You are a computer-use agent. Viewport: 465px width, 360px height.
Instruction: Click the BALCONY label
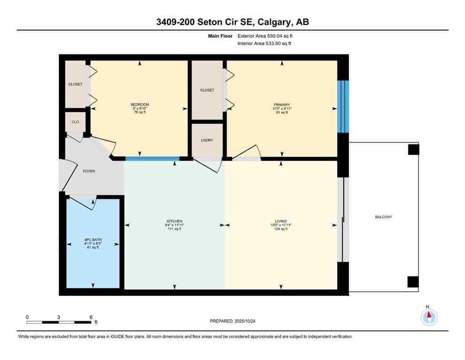[383, 217]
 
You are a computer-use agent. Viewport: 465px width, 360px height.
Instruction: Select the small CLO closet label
[75, 122]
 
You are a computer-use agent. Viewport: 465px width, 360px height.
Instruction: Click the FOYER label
[89, 171]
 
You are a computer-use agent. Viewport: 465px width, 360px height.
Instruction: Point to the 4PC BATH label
[93, 240]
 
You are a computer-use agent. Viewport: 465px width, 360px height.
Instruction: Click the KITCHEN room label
[174, 221]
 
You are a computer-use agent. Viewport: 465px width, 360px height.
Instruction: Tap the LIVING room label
[281, 221]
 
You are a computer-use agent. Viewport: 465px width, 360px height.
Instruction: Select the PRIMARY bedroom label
[282, 105]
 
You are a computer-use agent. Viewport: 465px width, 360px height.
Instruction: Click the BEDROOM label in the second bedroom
[140, 105]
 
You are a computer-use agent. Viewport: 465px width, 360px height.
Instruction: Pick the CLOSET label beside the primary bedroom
[207, 90]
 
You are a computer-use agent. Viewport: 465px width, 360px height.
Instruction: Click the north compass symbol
[429, 317]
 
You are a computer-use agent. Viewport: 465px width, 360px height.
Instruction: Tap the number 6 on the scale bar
[90, 317]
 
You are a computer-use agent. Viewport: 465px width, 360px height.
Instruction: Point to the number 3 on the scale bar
[59, 317]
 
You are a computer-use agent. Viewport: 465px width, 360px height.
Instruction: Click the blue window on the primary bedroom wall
[343, 106]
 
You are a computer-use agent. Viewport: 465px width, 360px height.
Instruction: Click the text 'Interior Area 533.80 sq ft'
[265, 44]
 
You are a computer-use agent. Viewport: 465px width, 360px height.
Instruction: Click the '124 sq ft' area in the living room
[281, 229]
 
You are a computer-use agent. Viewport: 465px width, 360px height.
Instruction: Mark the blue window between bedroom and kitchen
[152, 158]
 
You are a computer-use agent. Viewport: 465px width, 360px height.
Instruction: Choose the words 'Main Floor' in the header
[221, 36]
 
